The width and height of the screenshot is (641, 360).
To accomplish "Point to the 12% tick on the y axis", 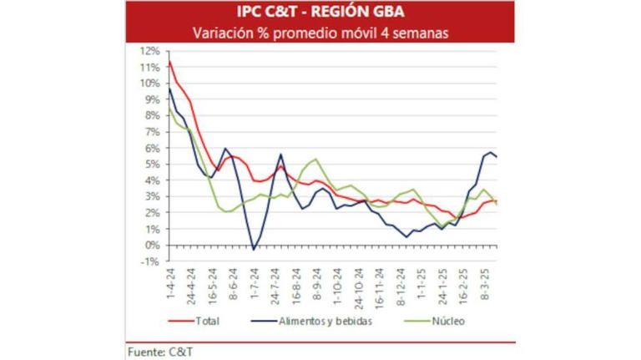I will pyautogui.click(x=151, y=50).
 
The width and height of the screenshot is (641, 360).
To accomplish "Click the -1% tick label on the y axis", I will pyautogui.click(x=151, y=261).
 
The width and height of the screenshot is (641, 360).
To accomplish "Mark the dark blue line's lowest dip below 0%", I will pyautogui.click(x=254, y=249).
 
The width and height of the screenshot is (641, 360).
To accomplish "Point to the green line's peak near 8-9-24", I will pyautogui.click(x=315, y=159).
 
